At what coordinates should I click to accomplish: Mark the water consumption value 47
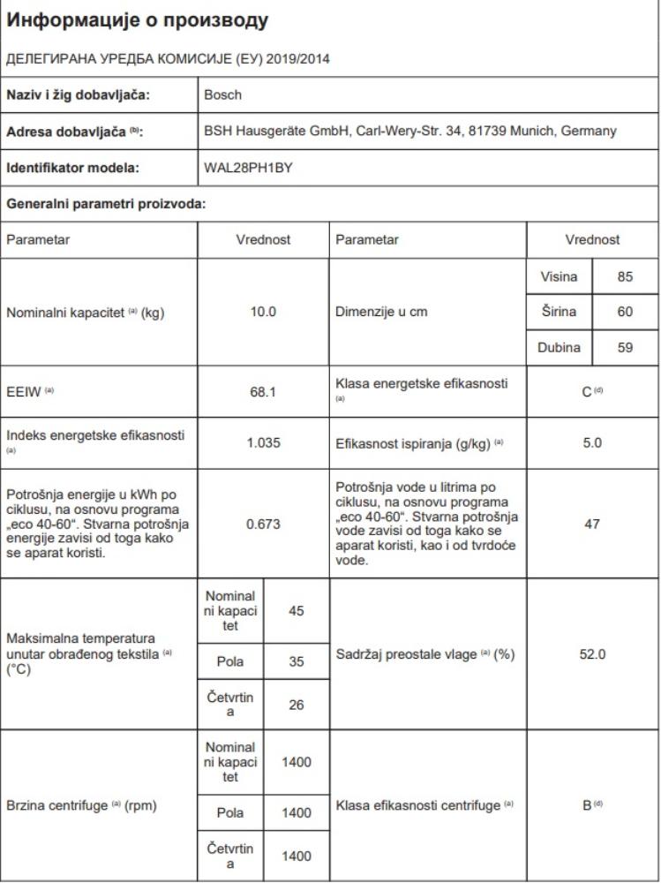click(592, 524)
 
